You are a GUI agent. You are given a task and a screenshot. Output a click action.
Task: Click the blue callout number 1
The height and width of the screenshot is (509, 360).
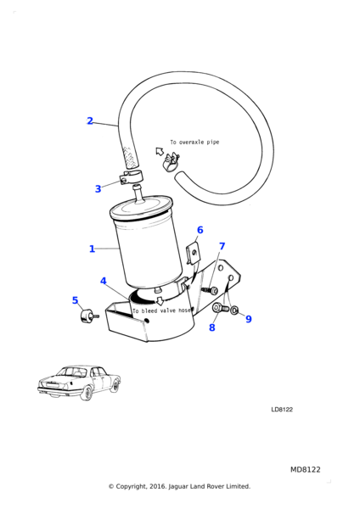(x=92, y=249)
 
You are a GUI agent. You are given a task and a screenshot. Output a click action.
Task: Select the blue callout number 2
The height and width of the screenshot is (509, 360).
(x=90, y=120)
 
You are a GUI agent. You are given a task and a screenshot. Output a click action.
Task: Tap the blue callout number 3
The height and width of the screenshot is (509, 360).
(x=98, y=189)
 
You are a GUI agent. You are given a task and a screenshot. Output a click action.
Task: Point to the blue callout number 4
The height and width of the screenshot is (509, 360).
(x=104, y=281)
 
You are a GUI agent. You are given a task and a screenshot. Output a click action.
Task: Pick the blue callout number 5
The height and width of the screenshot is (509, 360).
(x=75, y=300)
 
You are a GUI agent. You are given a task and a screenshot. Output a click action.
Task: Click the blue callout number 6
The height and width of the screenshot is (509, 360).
(x=200, y=230)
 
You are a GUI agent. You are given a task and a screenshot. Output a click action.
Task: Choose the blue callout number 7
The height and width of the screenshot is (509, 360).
(x=222, y=246)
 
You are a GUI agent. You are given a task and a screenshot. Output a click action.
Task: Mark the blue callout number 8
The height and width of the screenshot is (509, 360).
(x=212, y=327)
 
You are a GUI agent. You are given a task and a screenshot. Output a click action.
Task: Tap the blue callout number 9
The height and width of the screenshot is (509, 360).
(x=249, y=319)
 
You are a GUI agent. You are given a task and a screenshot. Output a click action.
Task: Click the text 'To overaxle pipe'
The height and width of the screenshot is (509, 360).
(x=194, y=143)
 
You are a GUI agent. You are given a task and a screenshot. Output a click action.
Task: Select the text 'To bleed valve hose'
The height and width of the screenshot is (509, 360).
(x=162, y=310)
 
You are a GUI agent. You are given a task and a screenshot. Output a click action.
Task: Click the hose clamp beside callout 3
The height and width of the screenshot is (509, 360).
(x=131, y=178)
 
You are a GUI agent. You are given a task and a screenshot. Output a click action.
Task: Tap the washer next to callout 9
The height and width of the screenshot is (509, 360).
(x=234, y=310)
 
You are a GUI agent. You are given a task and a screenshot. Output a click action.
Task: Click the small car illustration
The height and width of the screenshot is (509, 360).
(x=79, y=383)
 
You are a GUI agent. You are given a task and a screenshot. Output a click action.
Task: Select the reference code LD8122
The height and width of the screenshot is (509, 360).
(x=282, y=410)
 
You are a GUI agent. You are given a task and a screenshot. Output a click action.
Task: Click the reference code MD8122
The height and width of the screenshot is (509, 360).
(x=305, y=470)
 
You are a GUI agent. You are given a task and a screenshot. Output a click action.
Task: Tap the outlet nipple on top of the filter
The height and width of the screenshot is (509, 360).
(x=138, y=193)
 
